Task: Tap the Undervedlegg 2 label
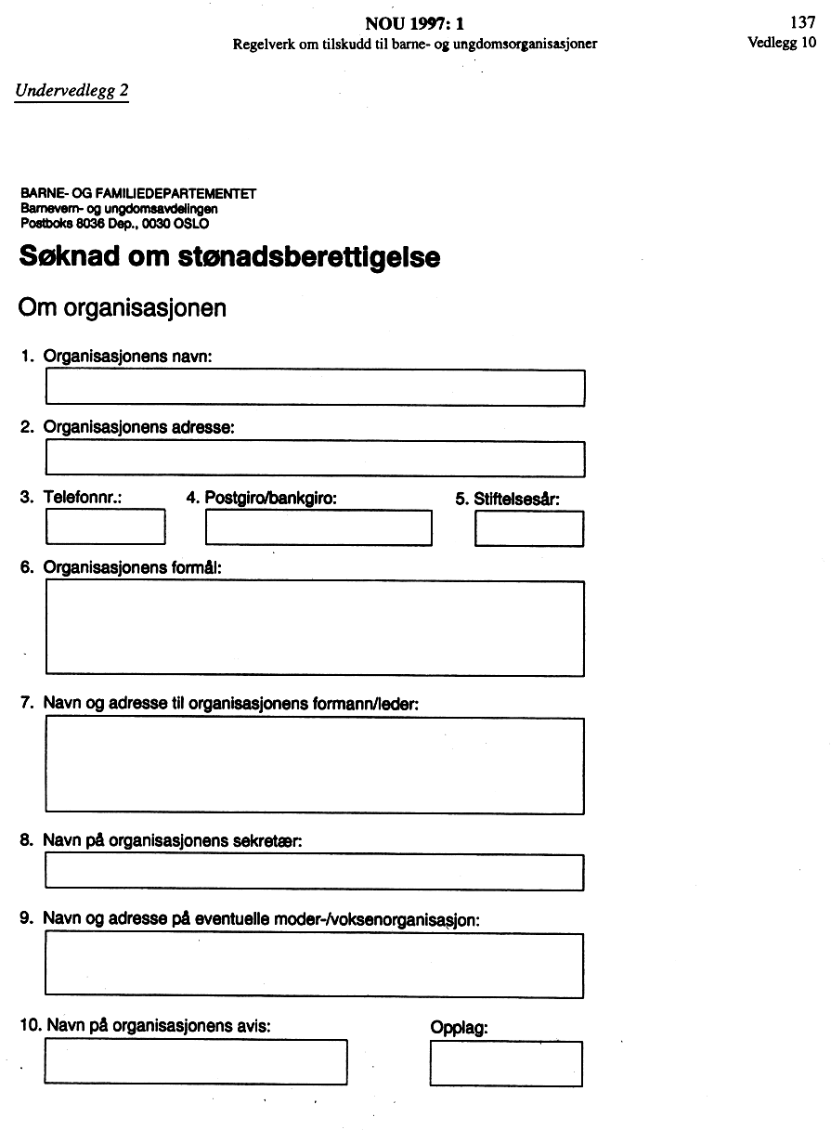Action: pos(71,90)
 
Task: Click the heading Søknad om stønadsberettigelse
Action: pos(229,256)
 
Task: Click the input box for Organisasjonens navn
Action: pos(315,387)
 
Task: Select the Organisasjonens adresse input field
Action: pos(315,458)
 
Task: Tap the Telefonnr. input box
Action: pos(105,527)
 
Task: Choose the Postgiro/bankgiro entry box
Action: pos(318,527)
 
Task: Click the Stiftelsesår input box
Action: pos(529,528)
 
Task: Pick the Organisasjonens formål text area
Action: pos(315,628)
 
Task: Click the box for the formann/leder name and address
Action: pos(315,765)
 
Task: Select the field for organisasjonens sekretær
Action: pos(315,872)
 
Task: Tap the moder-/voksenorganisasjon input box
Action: pos(315,964)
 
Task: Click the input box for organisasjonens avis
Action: pos(196,1061)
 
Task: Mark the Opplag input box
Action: pos(506,1063)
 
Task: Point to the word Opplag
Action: pos(459,1028)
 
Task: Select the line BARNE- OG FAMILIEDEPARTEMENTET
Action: pos(137,194)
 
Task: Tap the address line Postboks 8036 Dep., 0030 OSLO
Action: pos(114,224)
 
